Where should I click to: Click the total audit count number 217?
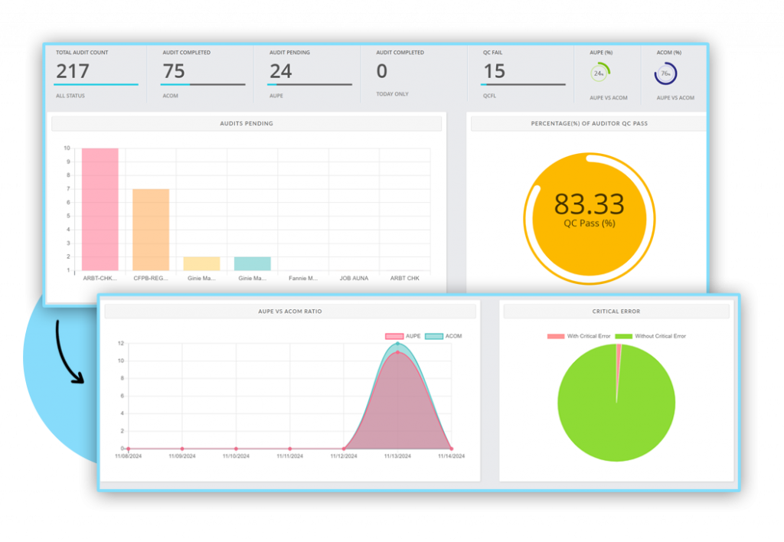[x=72, y=71]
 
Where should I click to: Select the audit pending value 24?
[x=281, y=71]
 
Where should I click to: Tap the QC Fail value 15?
[x=494, y=71]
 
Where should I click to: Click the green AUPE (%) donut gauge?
[x=600, y=73]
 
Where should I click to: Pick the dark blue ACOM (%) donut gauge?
[x=665, y=73]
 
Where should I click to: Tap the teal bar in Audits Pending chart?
[x=252, y=263]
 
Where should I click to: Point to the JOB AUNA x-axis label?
[x=354, y=279]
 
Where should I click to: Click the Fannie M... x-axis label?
[x=303, y=279]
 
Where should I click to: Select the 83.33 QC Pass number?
[x=589, y=204]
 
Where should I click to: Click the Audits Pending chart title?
[x=247, y=123]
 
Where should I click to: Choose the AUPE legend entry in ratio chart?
[x=403, y=336]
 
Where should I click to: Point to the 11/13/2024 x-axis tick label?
[x=397, y=456]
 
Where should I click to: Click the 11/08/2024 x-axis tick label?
[x=129, y=456]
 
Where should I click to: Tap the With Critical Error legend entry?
[x=579, y=336]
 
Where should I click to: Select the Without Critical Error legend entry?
[x=651, y=336]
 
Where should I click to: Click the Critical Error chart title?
[x=616, y=312]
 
